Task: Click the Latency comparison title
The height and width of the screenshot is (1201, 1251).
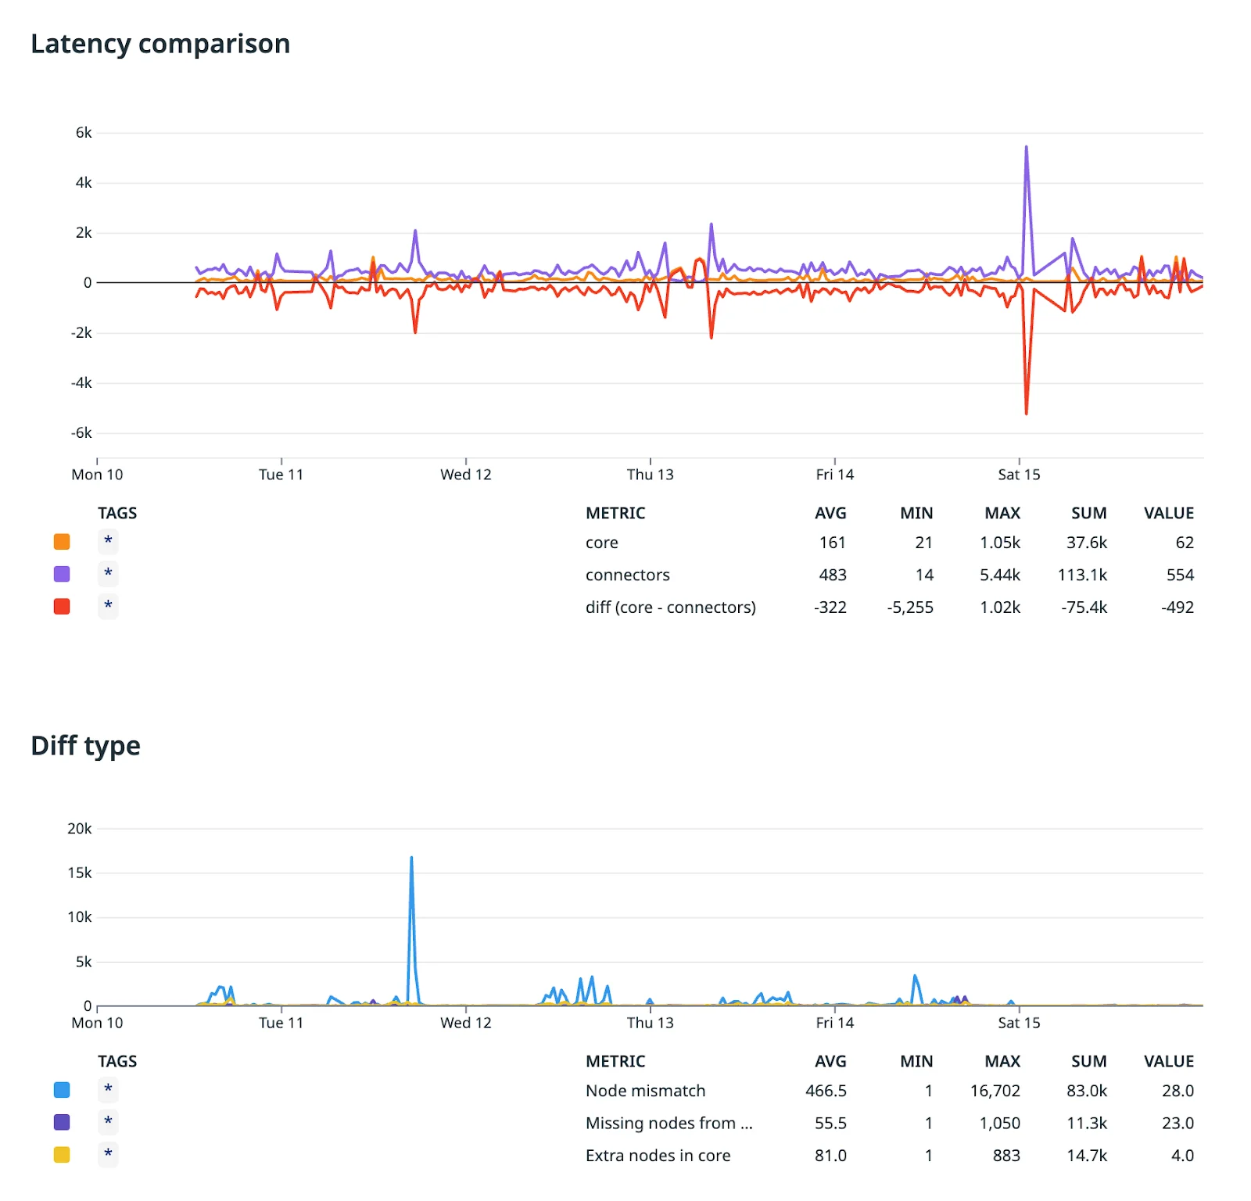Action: click(x=160, y=44)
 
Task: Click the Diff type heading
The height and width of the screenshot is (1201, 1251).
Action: click(x=85, y=745)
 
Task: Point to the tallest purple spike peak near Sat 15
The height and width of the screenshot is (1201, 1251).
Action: click(x=1026, y=148)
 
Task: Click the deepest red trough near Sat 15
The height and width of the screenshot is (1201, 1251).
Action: click(x=1026, y=412)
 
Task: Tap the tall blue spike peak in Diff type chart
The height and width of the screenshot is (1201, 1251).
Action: click(x=411, y=859)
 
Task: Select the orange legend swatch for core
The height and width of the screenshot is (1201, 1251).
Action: click(x=62, y=542)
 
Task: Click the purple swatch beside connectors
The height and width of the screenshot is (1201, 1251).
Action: click(x=62, y=574)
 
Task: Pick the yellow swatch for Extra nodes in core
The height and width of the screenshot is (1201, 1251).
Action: click(x=62, y=1155)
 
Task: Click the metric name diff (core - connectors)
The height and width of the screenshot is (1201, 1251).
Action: click(x=670, y=607)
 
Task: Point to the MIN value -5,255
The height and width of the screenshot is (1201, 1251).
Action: click(x=909, y=607)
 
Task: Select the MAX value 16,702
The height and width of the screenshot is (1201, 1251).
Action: click(x=995, y=1090)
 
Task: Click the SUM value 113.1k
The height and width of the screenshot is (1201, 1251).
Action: click(x=1082, y=575)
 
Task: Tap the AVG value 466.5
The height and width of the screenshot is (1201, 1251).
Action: click(x=826, y=1090)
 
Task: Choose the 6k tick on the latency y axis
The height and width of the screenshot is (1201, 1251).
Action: click(x=84, y=133)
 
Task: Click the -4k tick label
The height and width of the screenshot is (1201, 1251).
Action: click(x=81, y=383)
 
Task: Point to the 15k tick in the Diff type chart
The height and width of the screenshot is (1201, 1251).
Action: click(x=80, y=873)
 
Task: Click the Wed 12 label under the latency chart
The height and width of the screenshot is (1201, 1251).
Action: click(x=466, y=475)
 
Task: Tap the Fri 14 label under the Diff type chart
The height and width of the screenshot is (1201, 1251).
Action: click(x=834, y=1023)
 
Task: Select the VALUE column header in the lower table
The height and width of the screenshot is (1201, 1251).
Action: click(x=1168, y=1061)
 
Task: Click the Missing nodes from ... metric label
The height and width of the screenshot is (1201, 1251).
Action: click(x=669, y=1123)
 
